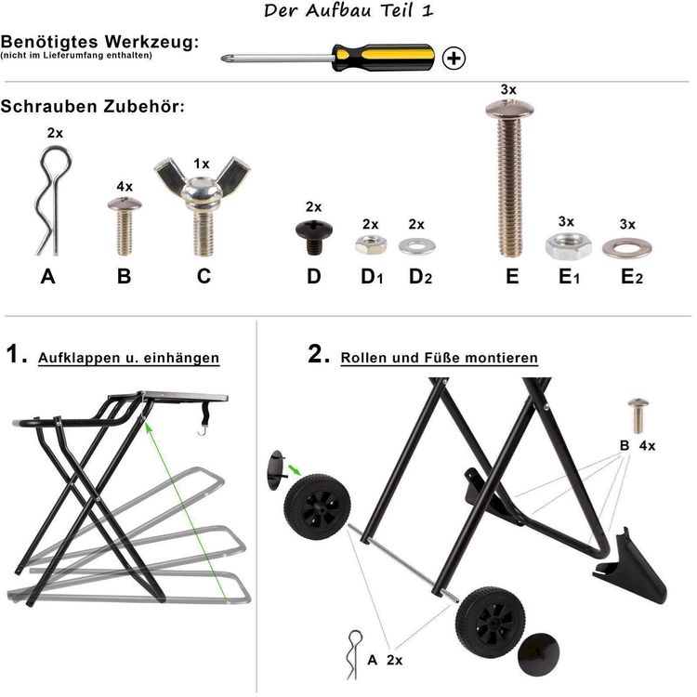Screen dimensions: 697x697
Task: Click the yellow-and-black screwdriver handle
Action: (x=384, y=58)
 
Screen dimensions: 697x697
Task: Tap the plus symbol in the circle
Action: (x=454, y=59)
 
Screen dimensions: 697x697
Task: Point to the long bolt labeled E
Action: (x=509, y=178)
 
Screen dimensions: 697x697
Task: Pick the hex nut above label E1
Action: (x=569, y=245)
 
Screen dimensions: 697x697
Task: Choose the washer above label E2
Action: (x=627, y=247)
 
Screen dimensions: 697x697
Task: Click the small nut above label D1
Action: (x=371, y=244)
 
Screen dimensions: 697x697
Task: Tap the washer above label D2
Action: (x=416, y=246)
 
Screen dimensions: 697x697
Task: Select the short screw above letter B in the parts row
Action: (x=125, y=226)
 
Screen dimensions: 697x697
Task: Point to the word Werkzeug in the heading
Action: (x=152, y=43)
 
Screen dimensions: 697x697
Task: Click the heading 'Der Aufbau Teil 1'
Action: (x=348, y=10)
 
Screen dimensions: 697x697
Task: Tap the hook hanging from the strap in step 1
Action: (x=203, y=430)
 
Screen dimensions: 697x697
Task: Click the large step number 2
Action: (x=318, y=354)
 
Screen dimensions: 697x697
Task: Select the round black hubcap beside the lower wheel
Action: (x=539, y=655)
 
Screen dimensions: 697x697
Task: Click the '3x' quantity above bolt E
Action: (x=508, y=89)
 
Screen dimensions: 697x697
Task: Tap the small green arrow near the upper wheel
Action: (x=294, y=469)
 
